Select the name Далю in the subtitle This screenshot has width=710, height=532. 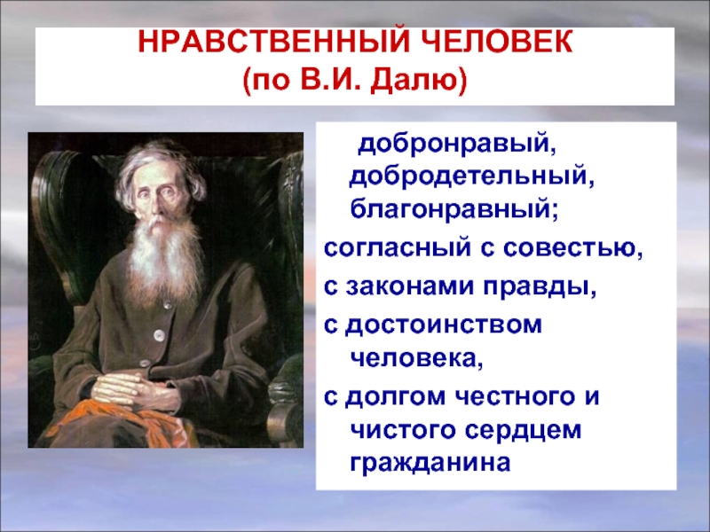[x=418, y=82]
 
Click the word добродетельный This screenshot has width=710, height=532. [x=471, y=176]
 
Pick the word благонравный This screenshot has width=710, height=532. [x=454, y=209]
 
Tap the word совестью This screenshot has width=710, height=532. [x=572, y=247]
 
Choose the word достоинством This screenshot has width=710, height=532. [x=444, y=325]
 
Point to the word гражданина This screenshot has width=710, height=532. [x=430, y=463]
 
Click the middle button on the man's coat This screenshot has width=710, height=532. [x=159, y=335]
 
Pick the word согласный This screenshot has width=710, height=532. [x=397, y=247]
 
